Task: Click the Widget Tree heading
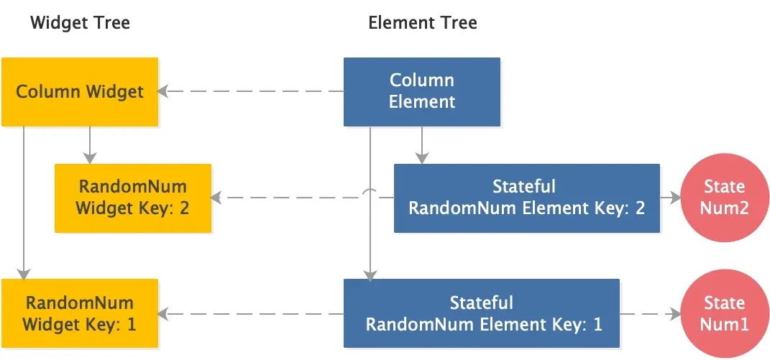pos(80,23)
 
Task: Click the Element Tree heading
pos(422,23)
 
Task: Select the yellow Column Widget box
pos(79,92)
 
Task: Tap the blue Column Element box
pos(422,92)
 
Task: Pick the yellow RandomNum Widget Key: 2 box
pos(133,198)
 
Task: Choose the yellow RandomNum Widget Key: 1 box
pos(79,313)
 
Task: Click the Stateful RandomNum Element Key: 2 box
pos(526,198)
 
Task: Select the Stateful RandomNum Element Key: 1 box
pos(481,313)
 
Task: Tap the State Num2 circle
pos(724,198)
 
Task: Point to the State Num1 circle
pos(724,314)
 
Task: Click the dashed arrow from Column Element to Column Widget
pos(252,91)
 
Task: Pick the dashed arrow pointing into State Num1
pos(651,314)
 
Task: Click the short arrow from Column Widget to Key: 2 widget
pos(89,144)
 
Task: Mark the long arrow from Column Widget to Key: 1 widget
pos(24,201)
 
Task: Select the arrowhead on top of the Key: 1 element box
pos(370,274)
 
